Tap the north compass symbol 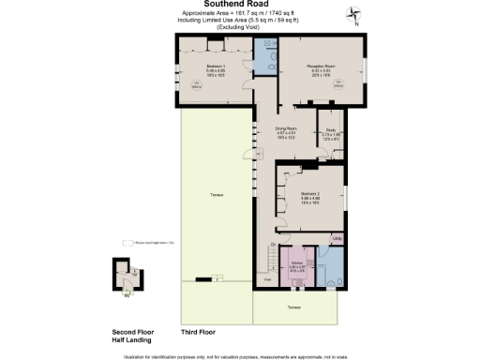(352, 12)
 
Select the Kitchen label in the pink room (297, 263)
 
